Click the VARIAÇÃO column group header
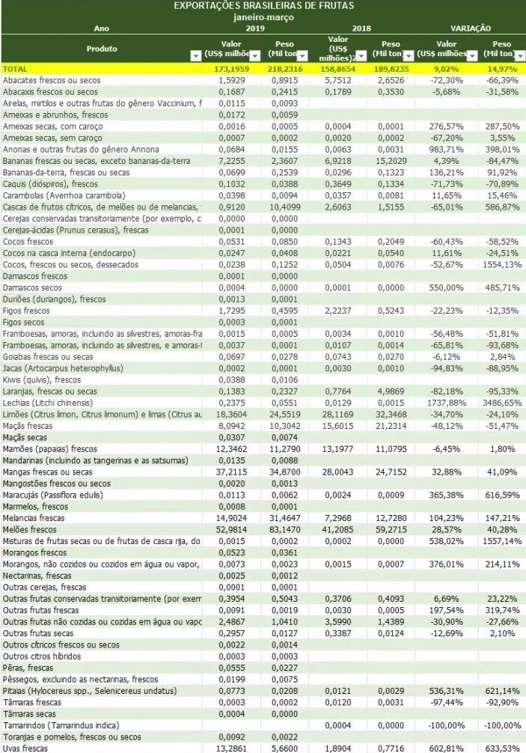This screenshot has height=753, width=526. pyautogui.click(x=471, y=27)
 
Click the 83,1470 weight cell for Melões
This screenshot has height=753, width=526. pyautogui.click(x=284, y=528)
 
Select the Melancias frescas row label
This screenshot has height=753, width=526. pyautogui.click(x=37, y=517)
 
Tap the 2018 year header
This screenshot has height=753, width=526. pyautogui.click(x=362, y=27)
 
